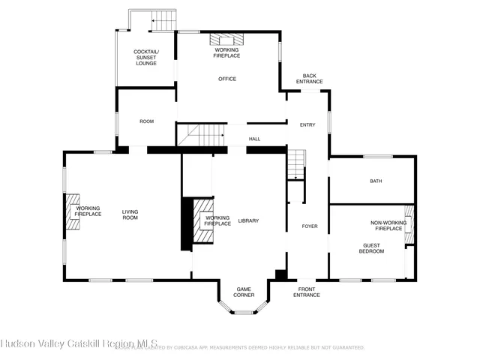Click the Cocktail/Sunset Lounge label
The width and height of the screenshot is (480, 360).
click(145, 58)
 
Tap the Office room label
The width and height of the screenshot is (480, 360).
click(227, 79)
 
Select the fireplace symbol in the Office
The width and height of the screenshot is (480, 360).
click(227, 39)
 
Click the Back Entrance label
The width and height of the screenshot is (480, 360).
click(308, 78)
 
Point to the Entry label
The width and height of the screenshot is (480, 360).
click(307, 124)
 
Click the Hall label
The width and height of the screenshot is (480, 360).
click(255, 139)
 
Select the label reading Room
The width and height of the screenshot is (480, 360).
click(146, 121)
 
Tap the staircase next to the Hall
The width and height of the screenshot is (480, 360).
click(201, 135)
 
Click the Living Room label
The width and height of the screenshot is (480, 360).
click(130, 214)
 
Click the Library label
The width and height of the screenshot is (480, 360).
click(248, 220)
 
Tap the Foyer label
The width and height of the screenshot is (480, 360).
click(310, 226)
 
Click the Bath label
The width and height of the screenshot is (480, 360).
click(376, 181)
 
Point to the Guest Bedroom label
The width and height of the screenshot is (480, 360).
click(371, 248)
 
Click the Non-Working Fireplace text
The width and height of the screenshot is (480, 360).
click(388, 225)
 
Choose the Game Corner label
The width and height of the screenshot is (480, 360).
click(244, 292)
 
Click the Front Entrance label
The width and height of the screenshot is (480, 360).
click(307, 292)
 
